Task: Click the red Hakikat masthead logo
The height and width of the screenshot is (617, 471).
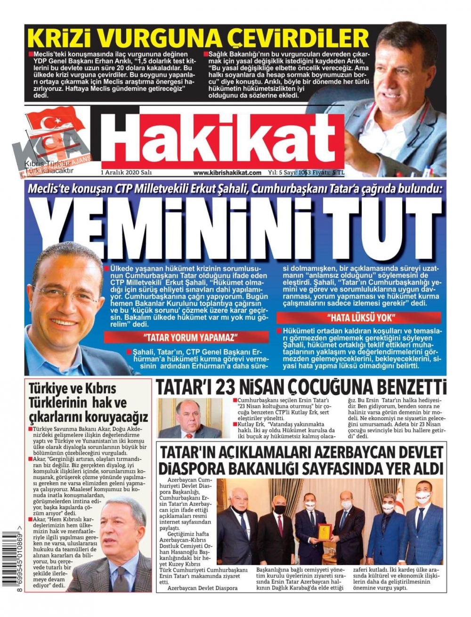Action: [x=222, y=141]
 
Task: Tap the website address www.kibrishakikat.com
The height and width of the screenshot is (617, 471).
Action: [x=227, y=173]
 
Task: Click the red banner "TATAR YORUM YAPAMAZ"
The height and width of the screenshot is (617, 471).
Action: [x=186, y=337]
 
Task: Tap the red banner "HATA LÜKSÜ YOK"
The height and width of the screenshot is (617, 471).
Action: [x=358, y=317]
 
